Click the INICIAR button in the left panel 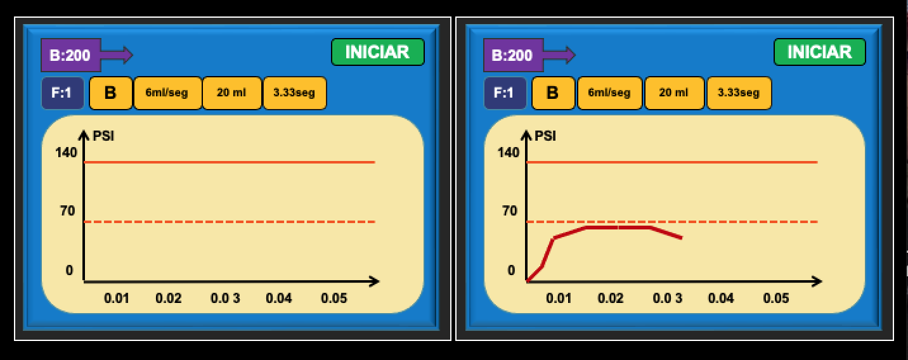point(377,52)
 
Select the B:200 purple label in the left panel point(70,55)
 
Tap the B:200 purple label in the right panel point(513,55)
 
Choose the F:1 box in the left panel point(62,93)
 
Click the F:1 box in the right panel point(505,93)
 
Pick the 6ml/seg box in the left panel point(167,93)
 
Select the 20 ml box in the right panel point(674,93)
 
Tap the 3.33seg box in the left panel point(294,93)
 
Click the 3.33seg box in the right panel point(739,93)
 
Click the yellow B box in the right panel point(553,93)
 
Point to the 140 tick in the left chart point(66,153)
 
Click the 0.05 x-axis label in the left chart point(334,298)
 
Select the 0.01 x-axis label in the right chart point(559,298)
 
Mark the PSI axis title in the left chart point(103,136)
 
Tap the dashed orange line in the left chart point(228,222)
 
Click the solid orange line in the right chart point(672,162)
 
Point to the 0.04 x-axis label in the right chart point(721,298)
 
